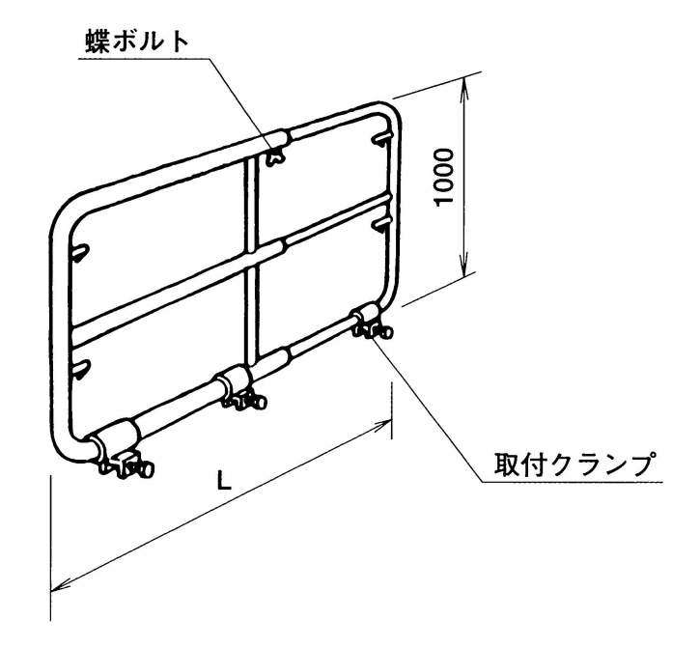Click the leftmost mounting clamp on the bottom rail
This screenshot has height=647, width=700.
tap(122, 454)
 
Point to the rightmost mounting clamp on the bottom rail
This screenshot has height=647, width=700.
tap(369, 323)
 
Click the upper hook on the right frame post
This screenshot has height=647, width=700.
tap(379, 141)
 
